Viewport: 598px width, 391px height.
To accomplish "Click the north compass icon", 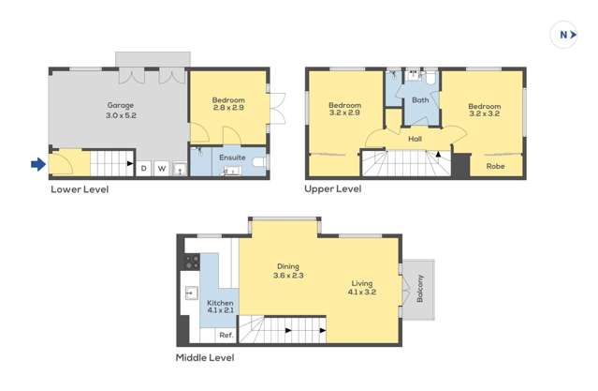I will (563, 35).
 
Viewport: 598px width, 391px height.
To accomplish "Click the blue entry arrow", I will (37, 165).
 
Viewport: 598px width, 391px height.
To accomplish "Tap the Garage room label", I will (120, 105).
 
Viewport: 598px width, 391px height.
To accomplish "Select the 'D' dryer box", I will (144, 169).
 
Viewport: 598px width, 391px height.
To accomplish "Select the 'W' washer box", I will (162, 169).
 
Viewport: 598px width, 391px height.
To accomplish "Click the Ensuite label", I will (232, 158).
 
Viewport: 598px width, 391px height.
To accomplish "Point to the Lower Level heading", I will (80, 189).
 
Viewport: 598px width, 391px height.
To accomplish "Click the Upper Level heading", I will (333, 189).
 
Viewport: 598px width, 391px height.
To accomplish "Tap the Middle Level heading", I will (205, 357).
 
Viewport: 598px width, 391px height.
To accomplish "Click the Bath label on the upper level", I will (420, 100).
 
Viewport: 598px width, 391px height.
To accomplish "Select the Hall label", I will (415, 140).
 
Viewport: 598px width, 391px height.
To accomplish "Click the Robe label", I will (495, 166).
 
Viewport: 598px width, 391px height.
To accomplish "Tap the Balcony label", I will (420, 288).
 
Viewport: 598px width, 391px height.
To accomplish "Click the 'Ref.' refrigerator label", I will (226, 335).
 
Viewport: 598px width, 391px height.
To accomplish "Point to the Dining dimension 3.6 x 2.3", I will (288, 276).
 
